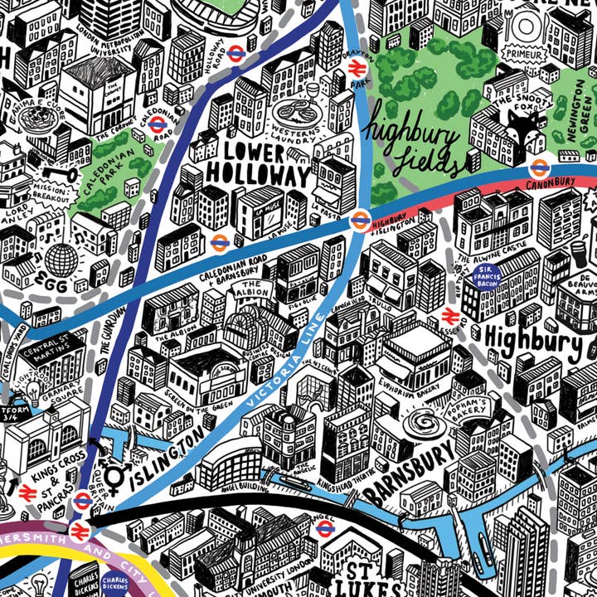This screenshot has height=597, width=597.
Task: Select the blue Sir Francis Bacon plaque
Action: (x=486, y=277)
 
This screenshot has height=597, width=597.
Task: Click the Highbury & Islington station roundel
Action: (x=360, y=220)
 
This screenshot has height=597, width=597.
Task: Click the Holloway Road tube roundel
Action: (x=235, y=52)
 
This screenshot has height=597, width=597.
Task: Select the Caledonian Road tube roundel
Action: (x=157, y=124)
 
